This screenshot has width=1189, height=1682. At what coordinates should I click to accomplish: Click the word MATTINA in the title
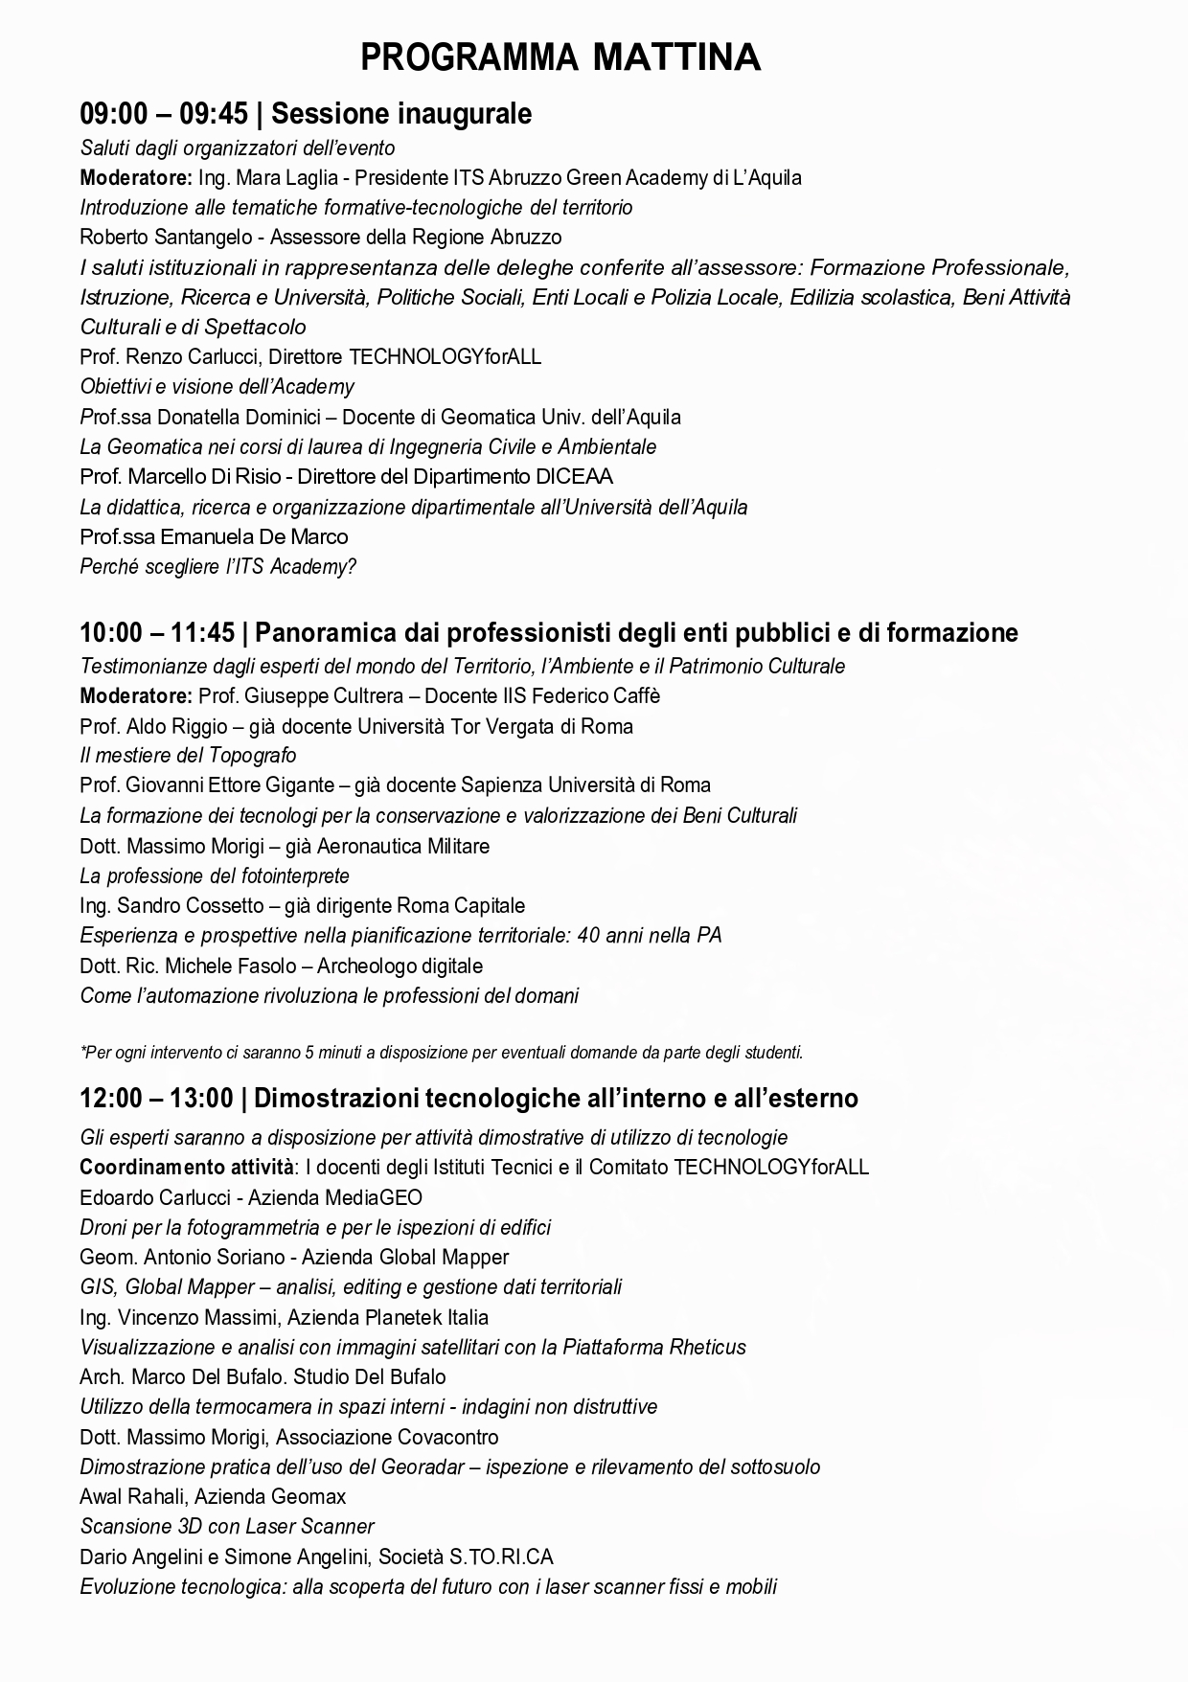676,58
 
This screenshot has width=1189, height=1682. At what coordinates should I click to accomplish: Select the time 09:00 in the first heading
114,114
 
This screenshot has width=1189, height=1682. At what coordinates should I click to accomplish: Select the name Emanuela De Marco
254,537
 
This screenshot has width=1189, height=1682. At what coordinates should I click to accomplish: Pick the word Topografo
251,756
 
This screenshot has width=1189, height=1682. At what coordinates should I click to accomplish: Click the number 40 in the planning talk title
590,936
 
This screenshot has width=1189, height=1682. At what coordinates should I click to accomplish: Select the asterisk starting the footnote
83,1051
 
